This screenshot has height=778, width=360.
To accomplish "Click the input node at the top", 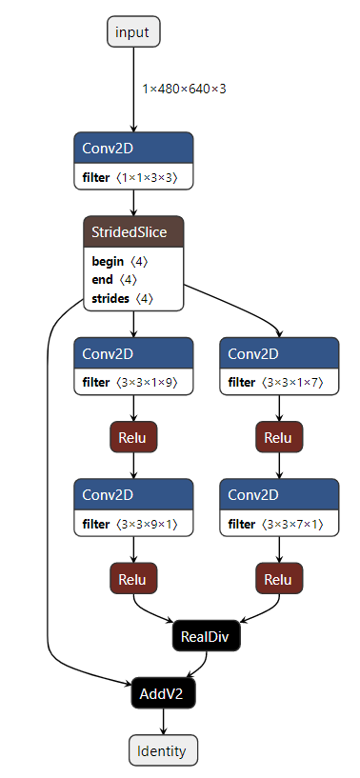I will [132, 32].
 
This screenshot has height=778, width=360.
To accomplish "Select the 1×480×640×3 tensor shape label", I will [184, 89].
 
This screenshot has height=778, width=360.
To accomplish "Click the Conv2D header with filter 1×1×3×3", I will [133, 148].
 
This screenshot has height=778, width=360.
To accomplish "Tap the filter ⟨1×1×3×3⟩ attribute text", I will [133, 177].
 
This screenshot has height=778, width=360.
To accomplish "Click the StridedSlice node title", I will [133, 231].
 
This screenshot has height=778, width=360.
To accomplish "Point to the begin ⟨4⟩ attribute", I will [119, 261].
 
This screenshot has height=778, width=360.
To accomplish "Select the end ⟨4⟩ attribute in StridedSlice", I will [114, 279].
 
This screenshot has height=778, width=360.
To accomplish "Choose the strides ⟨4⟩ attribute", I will [122, 298].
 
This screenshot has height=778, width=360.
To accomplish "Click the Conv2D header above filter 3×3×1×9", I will [133, 353].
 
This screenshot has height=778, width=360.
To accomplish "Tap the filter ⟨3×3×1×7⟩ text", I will [279, 383].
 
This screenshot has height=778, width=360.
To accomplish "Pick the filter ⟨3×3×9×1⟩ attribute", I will [133, 524].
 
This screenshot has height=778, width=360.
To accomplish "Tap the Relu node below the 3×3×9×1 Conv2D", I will [133, 579].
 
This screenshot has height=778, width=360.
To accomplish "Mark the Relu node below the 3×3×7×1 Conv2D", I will [279, 579].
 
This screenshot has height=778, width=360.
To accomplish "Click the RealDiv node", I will [207, 636].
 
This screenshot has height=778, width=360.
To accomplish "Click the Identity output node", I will [163, 750].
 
